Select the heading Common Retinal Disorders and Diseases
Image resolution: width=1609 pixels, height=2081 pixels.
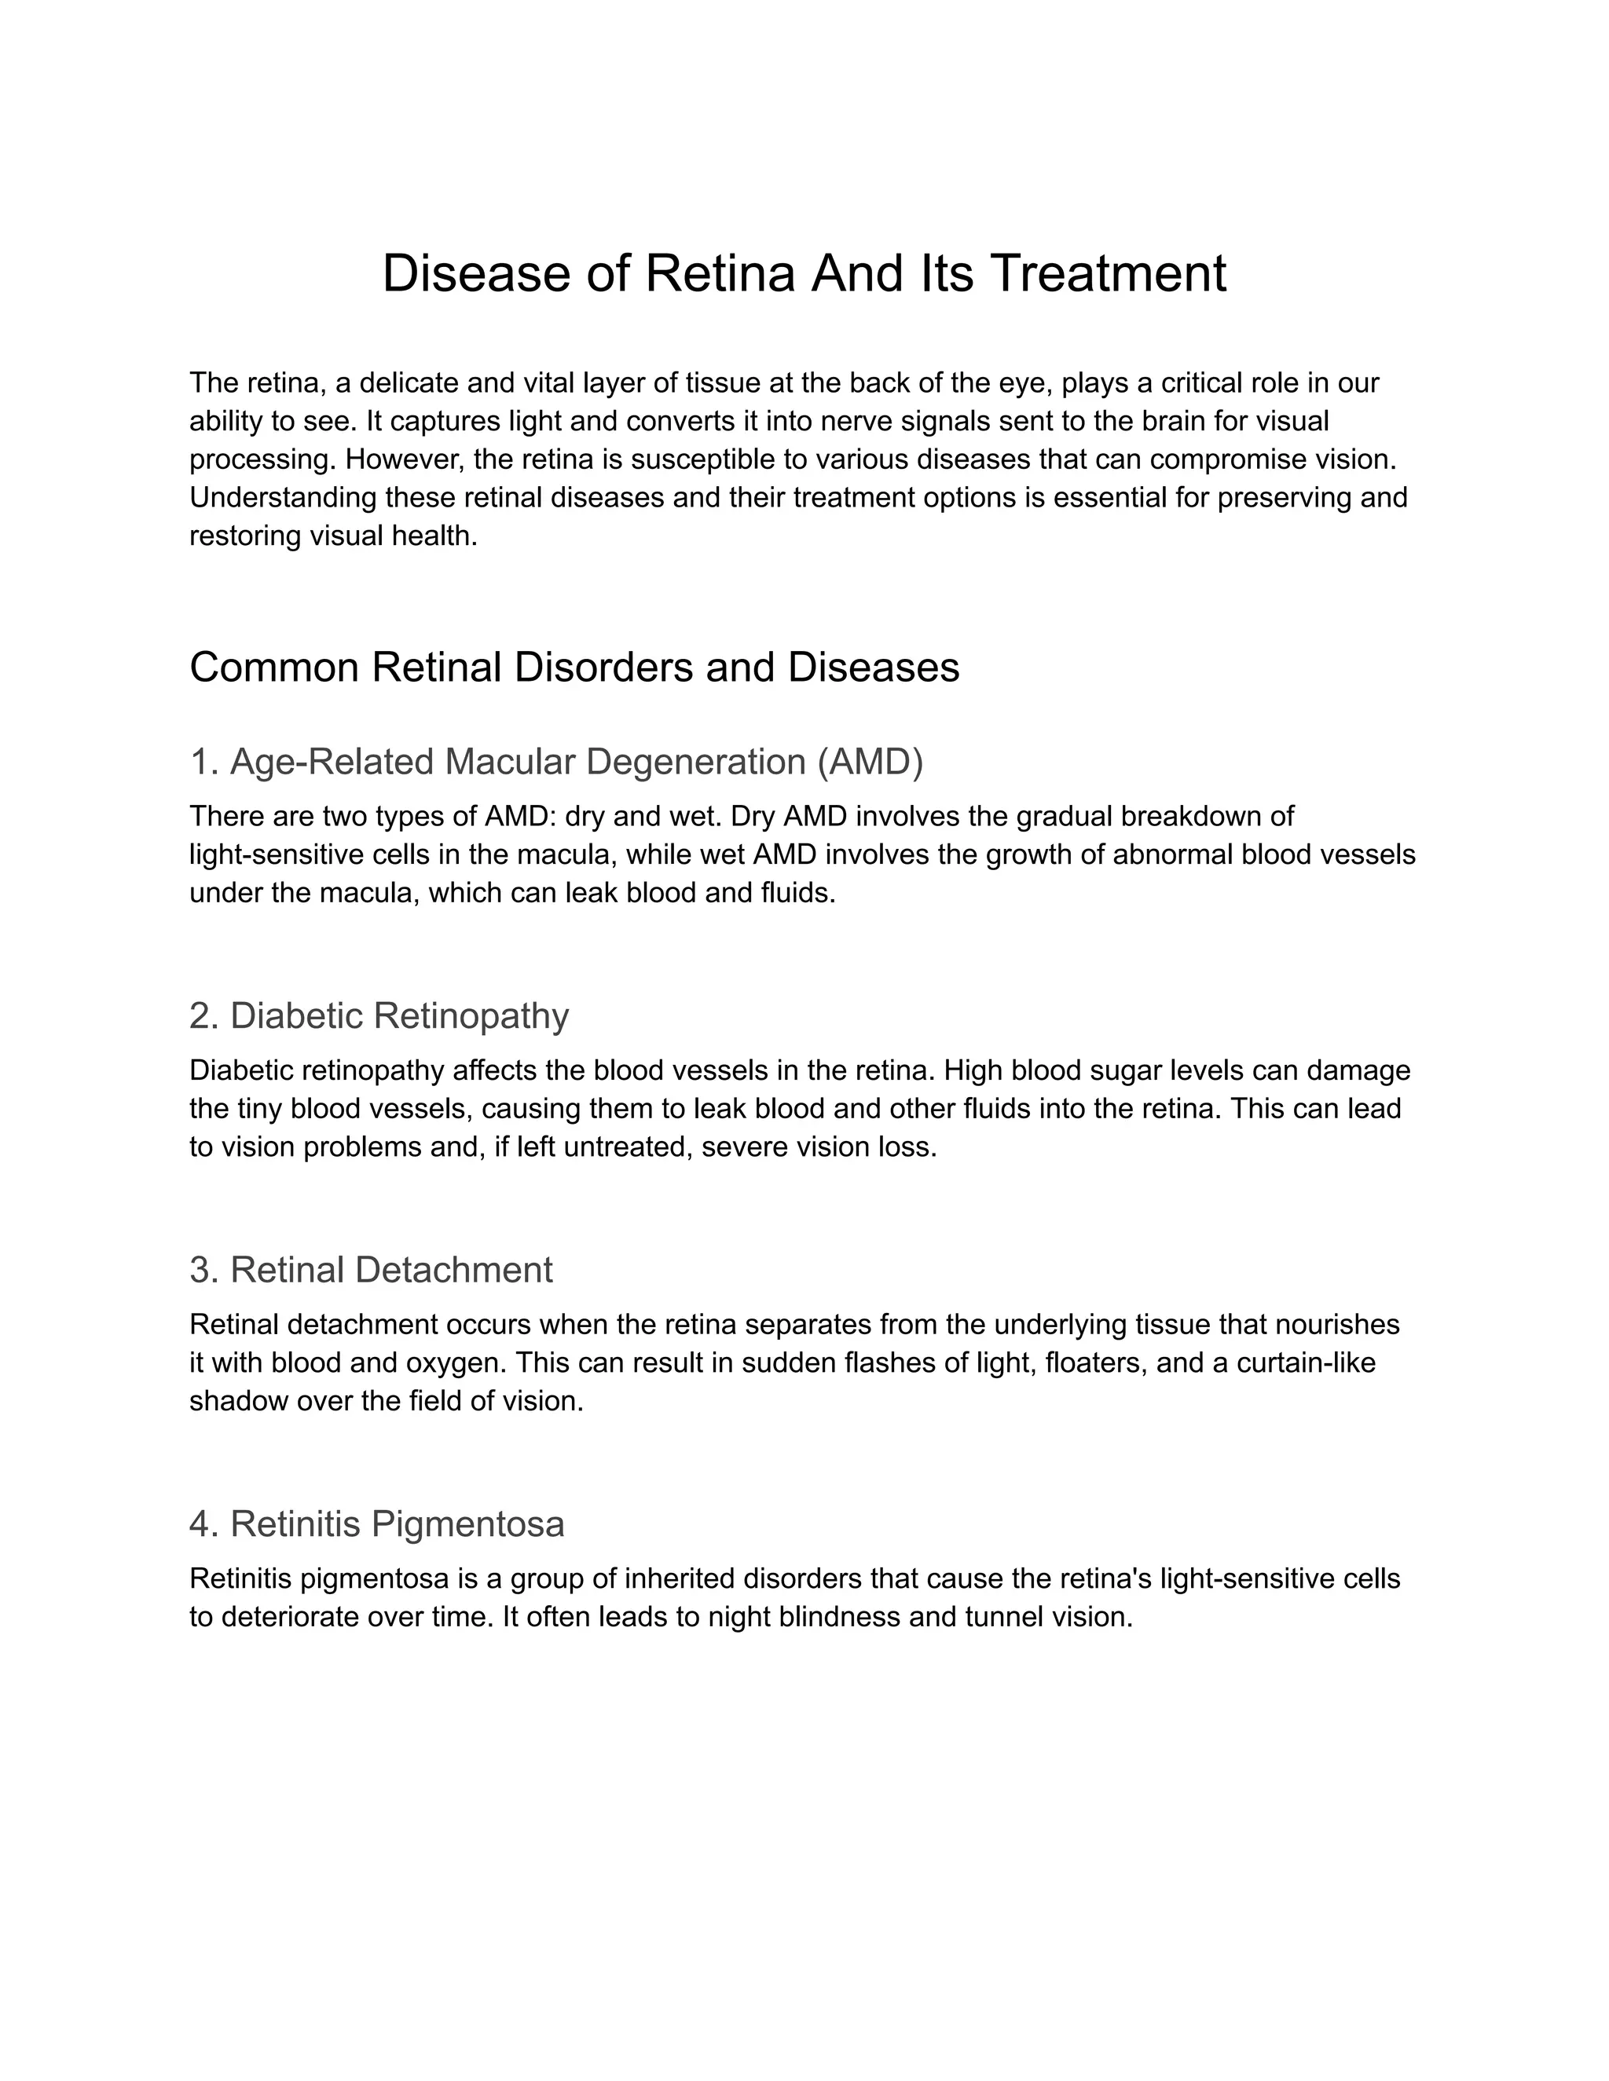tap(574, 667)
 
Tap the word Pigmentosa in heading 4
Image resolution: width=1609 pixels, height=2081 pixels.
tap(467, 1523)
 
